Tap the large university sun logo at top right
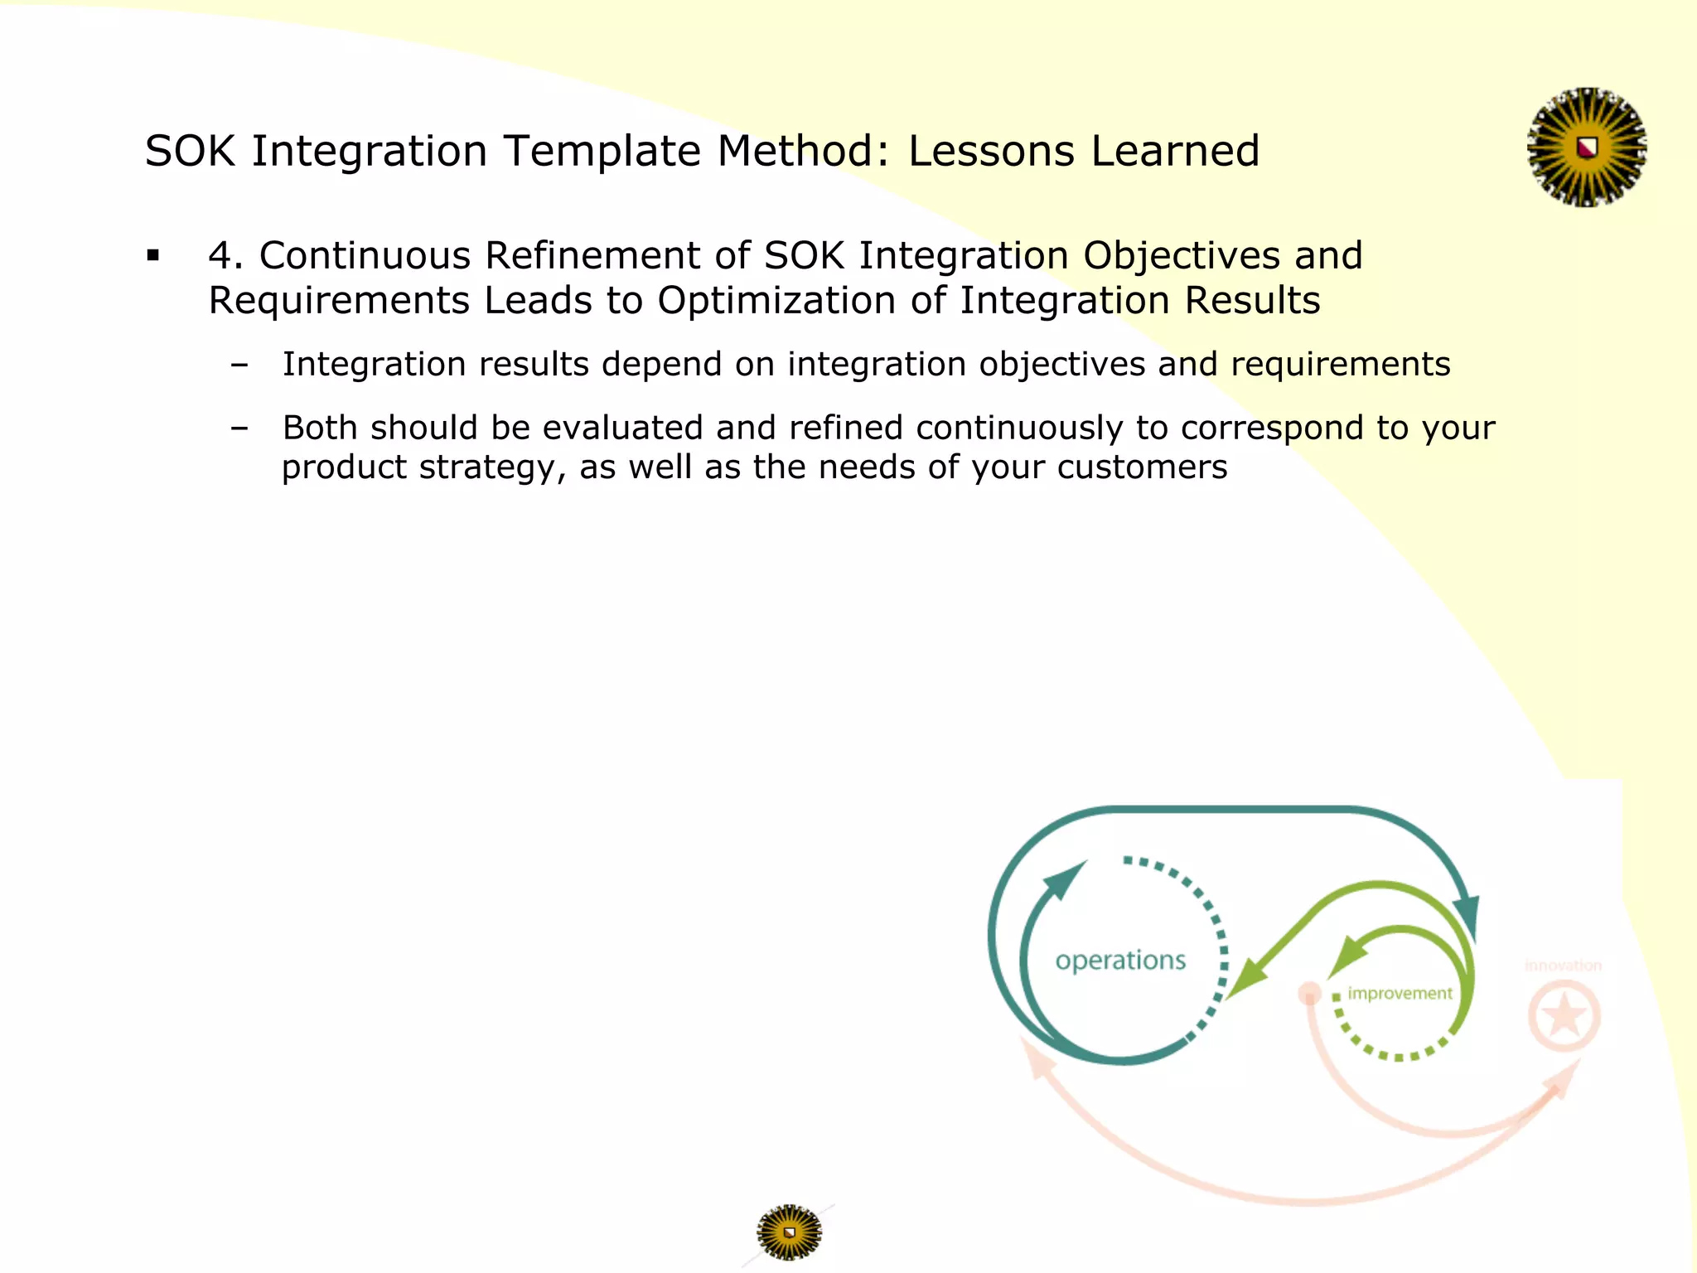[x=1586, y=148]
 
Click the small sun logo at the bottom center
[x=789, y=1232]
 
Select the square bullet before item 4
[x=152, y=256]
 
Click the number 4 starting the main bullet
[x=220, y=256]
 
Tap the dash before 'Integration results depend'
[x=239, y=365]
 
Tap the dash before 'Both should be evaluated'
[x=239, y=428]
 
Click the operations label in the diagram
[x=1120, y=961]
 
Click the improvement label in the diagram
[x=1400, y=993]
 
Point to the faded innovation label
[x=1563, y=966]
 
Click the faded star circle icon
[x=1564, y=1016]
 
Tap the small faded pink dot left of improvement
[x=1309, y=993]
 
